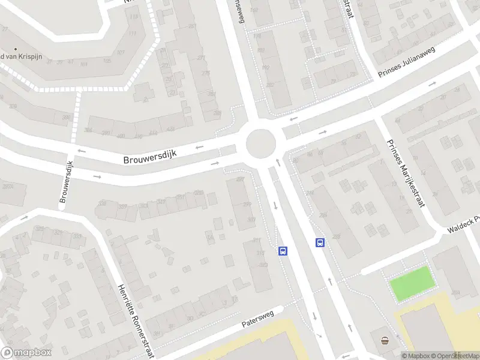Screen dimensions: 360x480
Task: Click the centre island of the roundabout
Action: (261, 144)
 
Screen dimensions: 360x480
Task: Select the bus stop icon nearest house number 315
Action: (282, 251)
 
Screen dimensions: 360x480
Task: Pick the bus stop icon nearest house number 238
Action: (320, 243)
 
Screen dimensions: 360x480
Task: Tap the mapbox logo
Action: (26, 353)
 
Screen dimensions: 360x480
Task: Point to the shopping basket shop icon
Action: (385, 341)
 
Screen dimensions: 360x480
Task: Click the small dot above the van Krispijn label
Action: (16, 49)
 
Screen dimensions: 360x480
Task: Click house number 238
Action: (337, 236)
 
